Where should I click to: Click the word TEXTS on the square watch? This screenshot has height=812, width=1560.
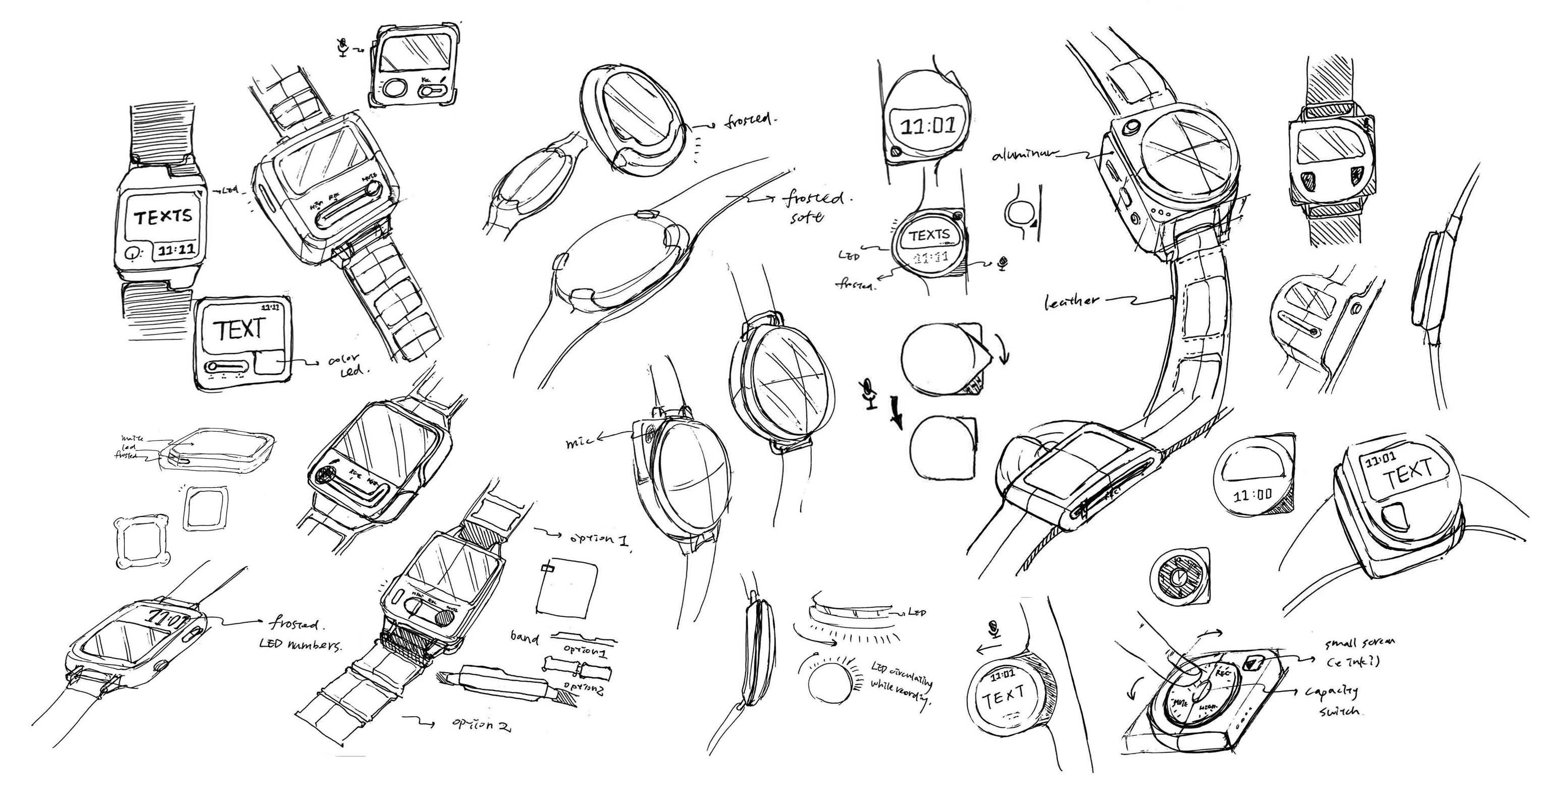tap(162, 216)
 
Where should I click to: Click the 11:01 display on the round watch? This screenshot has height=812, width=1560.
tap(927, 127)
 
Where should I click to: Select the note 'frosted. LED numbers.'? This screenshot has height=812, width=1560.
tap(300, 634)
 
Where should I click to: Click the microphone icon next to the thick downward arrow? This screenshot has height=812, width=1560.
tap(870, 394)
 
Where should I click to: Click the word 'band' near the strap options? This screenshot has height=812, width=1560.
tap(524, 636)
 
